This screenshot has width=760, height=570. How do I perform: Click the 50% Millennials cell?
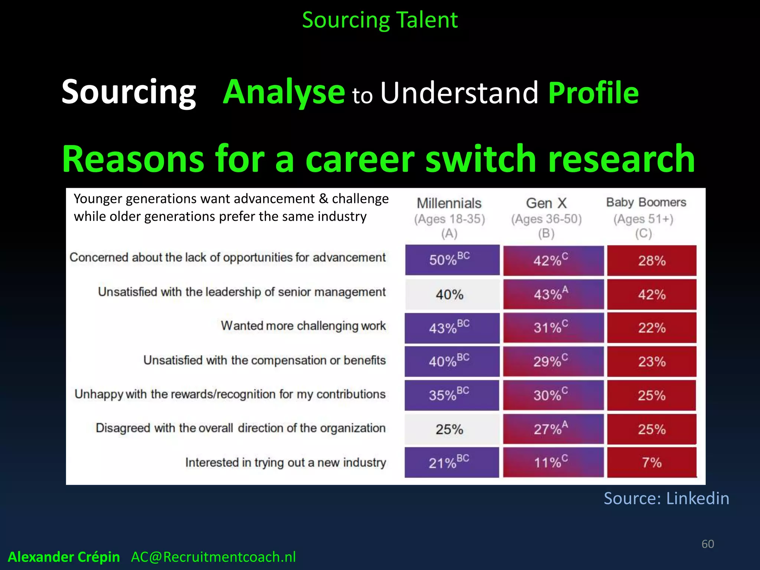[452, 260]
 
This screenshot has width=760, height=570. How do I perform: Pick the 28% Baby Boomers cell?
[652, 261]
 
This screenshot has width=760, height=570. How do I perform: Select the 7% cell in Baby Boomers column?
[652, 462]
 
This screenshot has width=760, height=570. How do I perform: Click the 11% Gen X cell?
[553, 462]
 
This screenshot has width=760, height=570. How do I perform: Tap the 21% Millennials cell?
[452, 462]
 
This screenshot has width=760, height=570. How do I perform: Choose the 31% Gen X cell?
[553, 328]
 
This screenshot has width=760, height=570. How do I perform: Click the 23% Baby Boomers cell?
[652, 361]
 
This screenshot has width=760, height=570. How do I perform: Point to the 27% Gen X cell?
[553, 429]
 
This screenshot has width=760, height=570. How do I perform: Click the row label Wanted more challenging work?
[303, 326]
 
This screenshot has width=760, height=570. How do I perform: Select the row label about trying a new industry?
[285, 462]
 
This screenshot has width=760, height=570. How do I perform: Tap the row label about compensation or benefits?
[264, 360]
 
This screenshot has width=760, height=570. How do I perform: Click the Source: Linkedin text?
[666, 498]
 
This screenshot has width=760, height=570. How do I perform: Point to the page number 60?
[708, 544]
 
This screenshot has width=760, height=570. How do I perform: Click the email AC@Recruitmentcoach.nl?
[213, 557]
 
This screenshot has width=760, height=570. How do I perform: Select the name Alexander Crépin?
[64, 557]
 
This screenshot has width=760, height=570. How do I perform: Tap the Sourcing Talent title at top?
[380, 20]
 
